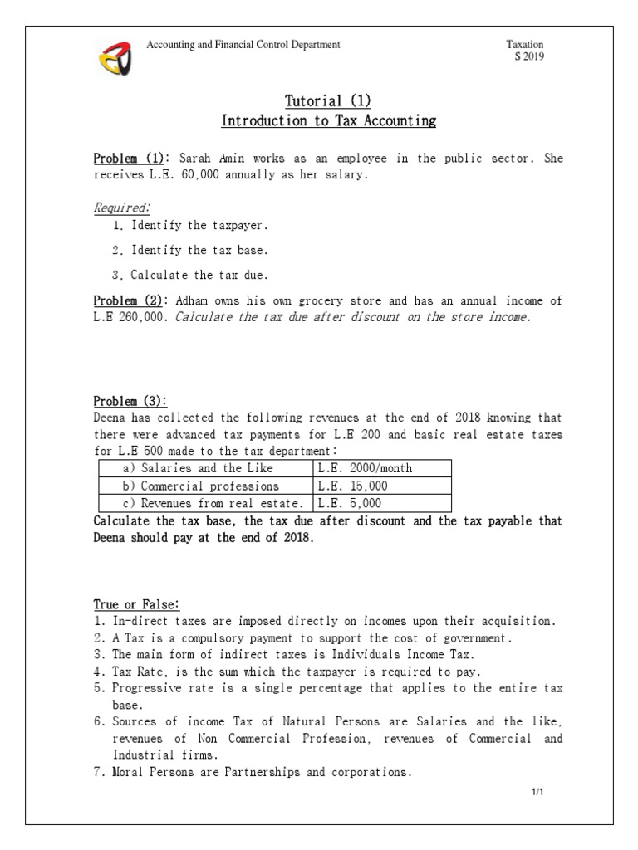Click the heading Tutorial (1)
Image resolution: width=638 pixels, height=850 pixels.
pos(328,101)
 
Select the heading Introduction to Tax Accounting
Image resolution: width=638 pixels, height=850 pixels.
pos(328,121)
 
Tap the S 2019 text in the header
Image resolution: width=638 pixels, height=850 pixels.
pos(530,56)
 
